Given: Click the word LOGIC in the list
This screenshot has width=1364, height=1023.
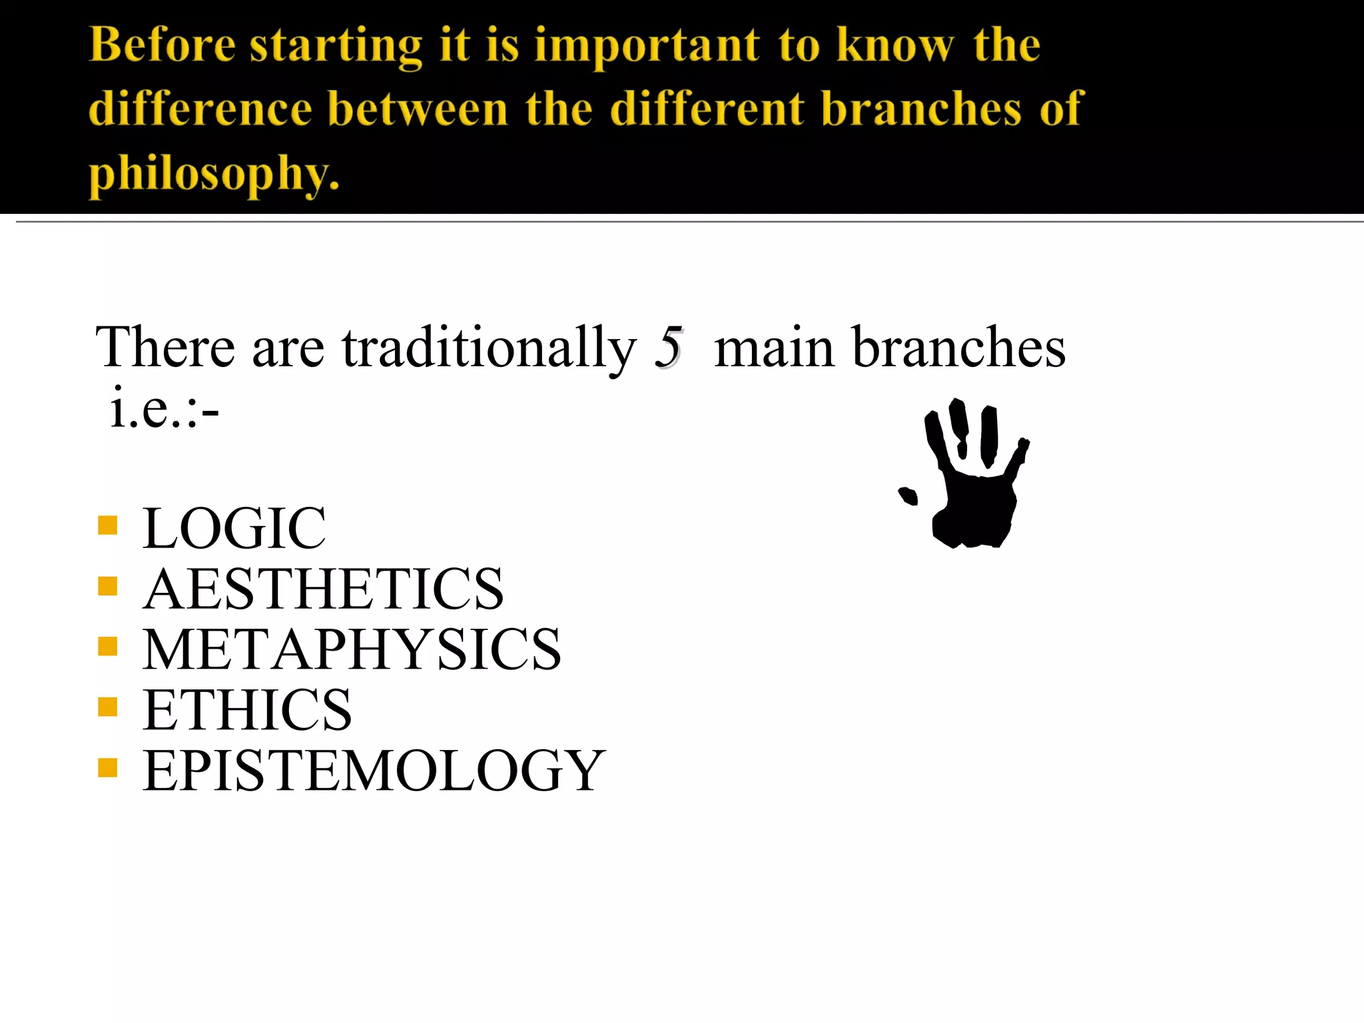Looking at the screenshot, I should (234, 528).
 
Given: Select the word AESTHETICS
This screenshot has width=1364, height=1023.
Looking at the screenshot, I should (324, 589).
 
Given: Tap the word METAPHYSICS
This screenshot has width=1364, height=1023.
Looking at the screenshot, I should (352, 649).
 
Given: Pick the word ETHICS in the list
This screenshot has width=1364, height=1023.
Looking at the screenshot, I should (247, 710).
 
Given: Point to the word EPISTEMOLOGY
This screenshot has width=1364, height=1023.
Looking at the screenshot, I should (374, 771).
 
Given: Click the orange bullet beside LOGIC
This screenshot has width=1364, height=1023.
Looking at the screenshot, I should (107, 525).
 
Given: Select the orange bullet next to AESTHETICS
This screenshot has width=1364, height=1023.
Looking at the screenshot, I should (107, 586).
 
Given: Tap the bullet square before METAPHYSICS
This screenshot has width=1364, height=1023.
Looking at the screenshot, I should (107, 647).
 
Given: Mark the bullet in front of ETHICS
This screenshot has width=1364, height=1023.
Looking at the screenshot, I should (107, 707).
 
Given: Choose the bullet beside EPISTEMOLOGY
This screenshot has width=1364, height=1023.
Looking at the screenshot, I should (107, 768).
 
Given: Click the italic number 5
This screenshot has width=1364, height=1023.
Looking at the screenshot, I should (668, 347).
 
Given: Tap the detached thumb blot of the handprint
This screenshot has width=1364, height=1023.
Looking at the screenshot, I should (908, 496).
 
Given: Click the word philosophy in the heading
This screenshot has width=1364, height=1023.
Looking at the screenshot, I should (214, 173).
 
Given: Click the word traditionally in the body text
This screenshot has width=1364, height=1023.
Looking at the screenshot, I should (490, 347).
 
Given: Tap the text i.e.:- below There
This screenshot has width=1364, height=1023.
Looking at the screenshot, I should (165, 408).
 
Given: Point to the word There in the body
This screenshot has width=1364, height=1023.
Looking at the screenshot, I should (165, 347).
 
